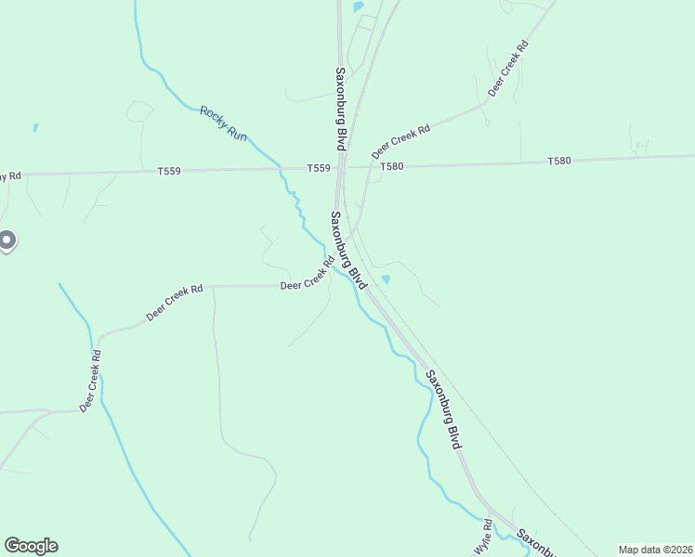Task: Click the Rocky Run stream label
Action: coord(224,123)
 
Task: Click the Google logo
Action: coord(31,546)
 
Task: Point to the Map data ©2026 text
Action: coord(654,550)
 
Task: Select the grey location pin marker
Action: coord(6,241)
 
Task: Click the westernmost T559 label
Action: coord(168,171)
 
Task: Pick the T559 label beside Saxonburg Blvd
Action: coord(319,168)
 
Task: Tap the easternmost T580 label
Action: coord(559,161)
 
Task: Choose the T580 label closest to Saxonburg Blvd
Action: coord(391,166)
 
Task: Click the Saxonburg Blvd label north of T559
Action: coord(341,109)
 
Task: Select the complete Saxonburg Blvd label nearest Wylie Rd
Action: coord(443,410)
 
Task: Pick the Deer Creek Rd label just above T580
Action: coord(401,140)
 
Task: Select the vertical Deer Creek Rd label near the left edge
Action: coord(90,381)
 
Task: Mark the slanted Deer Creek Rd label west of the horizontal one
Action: coord(175,303)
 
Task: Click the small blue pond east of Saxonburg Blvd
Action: coord(387,278)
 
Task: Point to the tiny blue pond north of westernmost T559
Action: coord(35,127)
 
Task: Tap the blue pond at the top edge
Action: coord(358,6)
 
